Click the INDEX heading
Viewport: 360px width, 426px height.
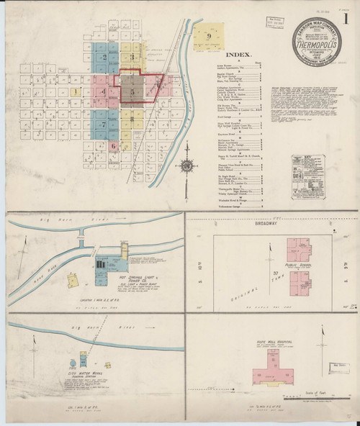pyautogui.click(x=238, y=54)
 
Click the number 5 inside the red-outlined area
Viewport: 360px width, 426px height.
pyautogui.click(x=132, y=91)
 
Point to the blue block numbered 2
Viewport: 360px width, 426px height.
pyautogui.click(x=106, y=57)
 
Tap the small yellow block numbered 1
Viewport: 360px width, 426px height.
pyautogui.click(x=76, y=92)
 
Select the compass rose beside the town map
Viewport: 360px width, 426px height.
pyautogui.click(x=186, y=166)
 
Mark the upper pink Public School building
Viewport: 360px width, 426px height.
pyautogui.click(x=299, y=250)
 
